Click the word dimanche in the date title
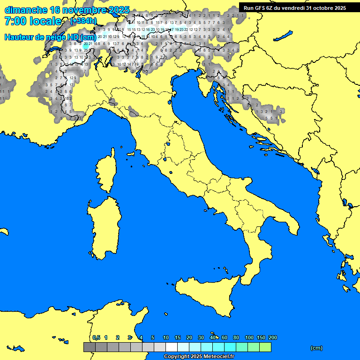point(26,10)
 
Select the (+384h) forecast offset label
point(83,21)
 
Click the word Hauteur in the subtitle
point(21,37)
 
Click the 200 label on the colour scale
point(272,337)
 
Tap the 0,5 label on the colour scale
point(96,337)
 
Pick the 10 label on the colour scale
point(165,337)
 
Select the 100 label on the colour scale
point(249,337)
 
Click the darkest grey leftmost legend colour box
point(89,347)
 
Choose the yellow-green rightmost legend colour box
point(265,347)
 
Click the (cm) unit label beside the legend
point(316,348)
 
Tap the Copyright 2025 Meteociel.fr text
point(198,357)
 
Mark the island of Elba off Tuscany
point(132,154)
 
